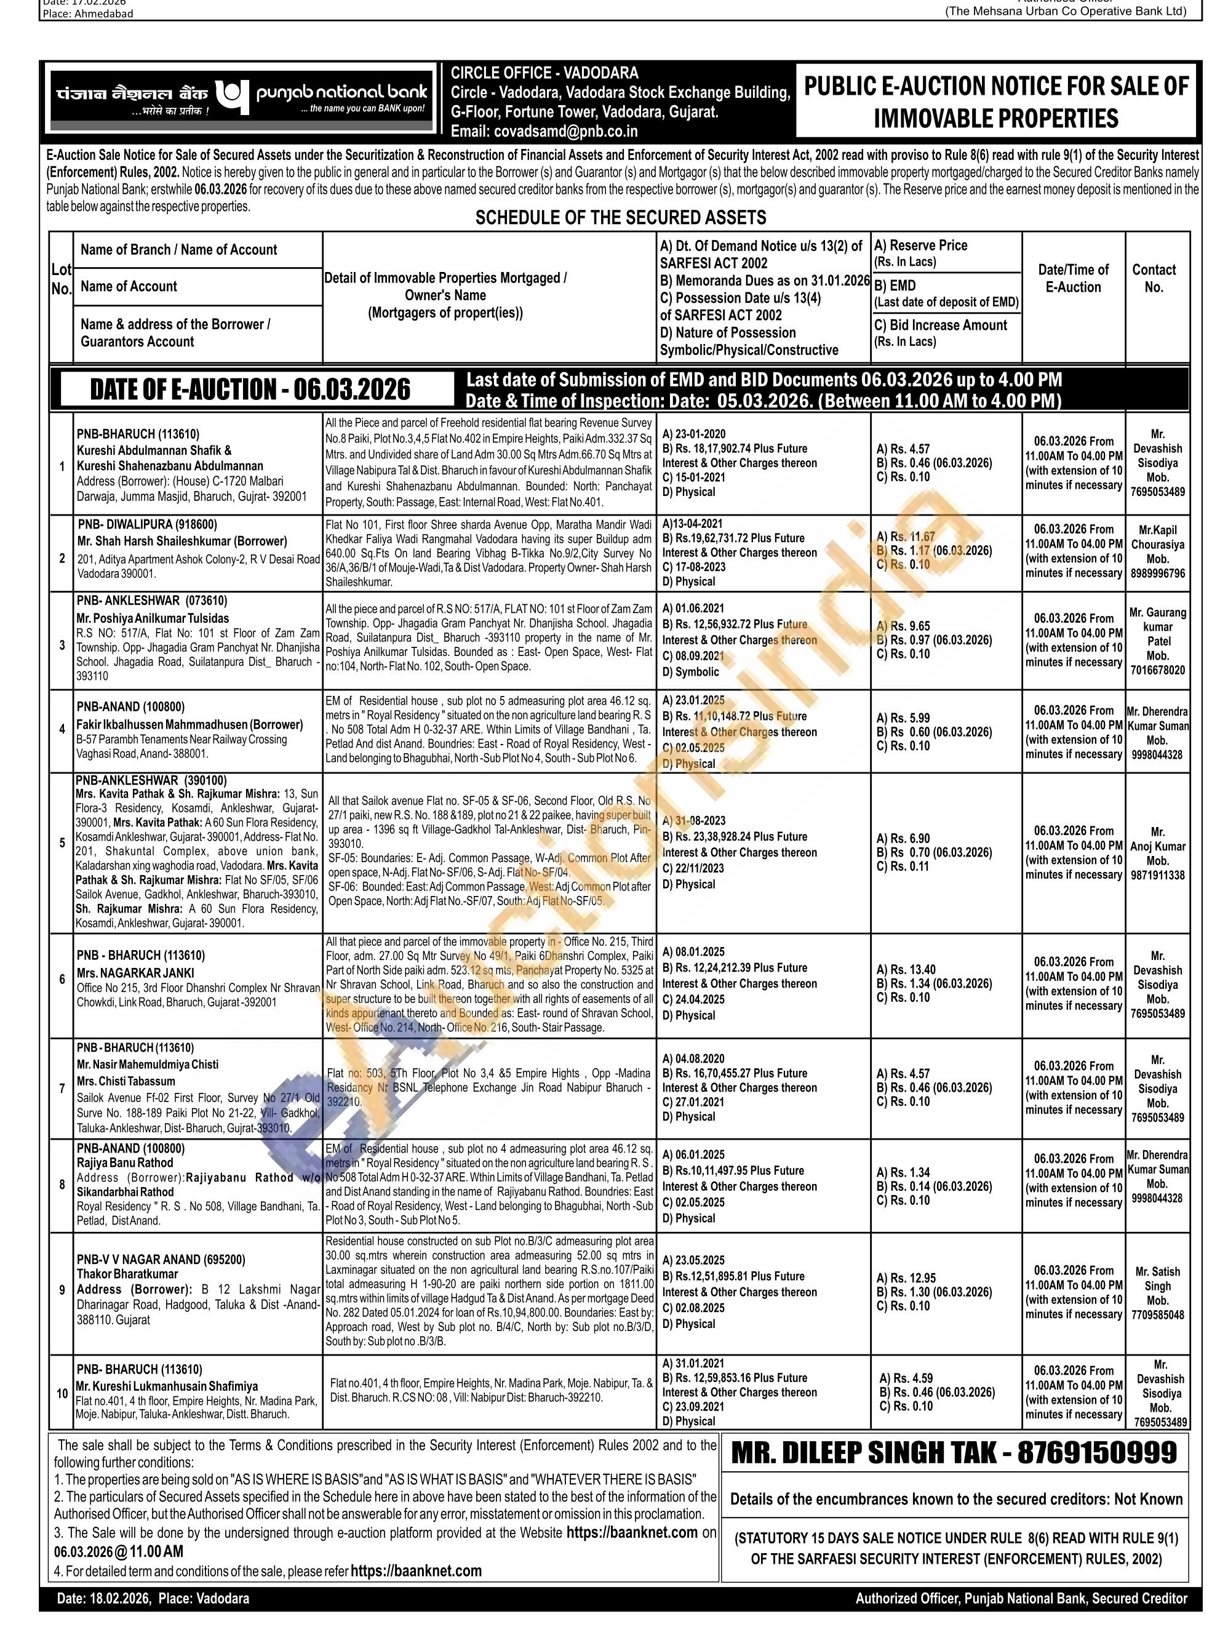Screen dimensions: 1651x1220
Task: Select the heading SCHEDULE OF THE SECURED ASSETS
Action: coord(620,218)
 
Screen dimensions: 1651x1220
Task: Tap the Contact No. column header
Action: coord(1154,279)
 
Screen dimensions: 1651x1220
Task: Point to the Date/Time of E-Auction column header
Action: coord(1073,279)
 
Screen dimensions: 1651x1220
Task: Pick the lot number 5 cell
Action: coord(62,843)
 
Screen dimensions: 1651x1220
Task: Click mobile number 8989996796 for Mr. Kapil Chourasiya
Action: coord(1157,574)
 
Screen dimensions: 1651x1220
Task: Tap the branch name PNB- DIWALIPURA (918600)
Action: coord(148,524)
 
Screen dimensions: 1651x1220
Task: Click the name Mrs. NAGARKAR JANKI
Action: coord(130,973)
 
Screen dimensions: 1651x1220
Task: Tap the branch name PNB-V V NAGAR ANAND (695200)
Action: coord(161,1260)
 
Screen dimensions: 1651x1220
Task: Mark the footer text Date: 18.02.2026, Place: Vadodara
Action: coord(153,1599)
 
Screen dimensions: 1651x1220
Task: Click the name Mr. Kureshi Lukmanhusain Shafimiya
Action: coord(167,1386)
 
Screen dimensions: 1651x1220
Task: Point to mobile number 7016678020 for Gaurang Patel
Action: coord(1157,671)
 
